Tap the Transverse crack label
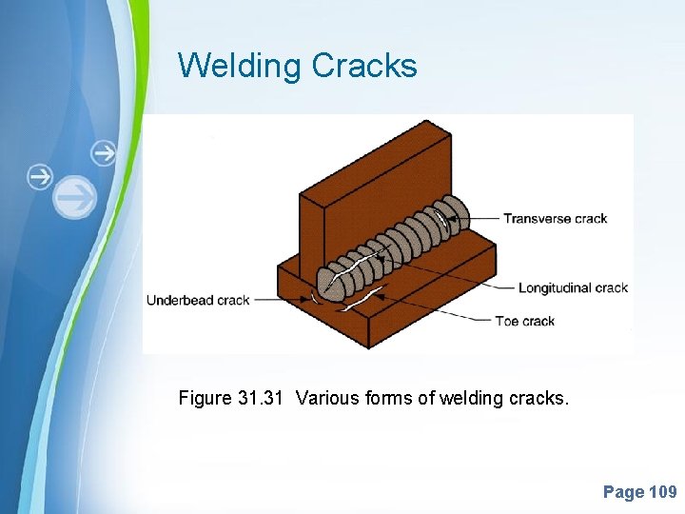(x=555, y=218)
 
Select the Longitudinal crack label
(x=573, y=287)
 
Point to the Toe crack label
(x=524, y=321)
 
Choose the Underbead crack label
(x=198, y=300)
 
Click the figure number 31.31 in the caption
(x=259, y=398)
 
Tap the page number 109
(x=662, y=492)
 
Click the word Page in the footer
(x=623, y=492)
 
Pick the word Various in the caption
(x=327, y=398)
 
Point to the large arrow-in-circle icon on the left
(x=75, y=197)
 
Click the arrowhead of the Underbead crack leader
(x=306, y=300)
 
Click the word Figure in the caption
(x=203, y=398)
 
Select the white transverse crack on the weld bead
(x=440, y=223)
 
